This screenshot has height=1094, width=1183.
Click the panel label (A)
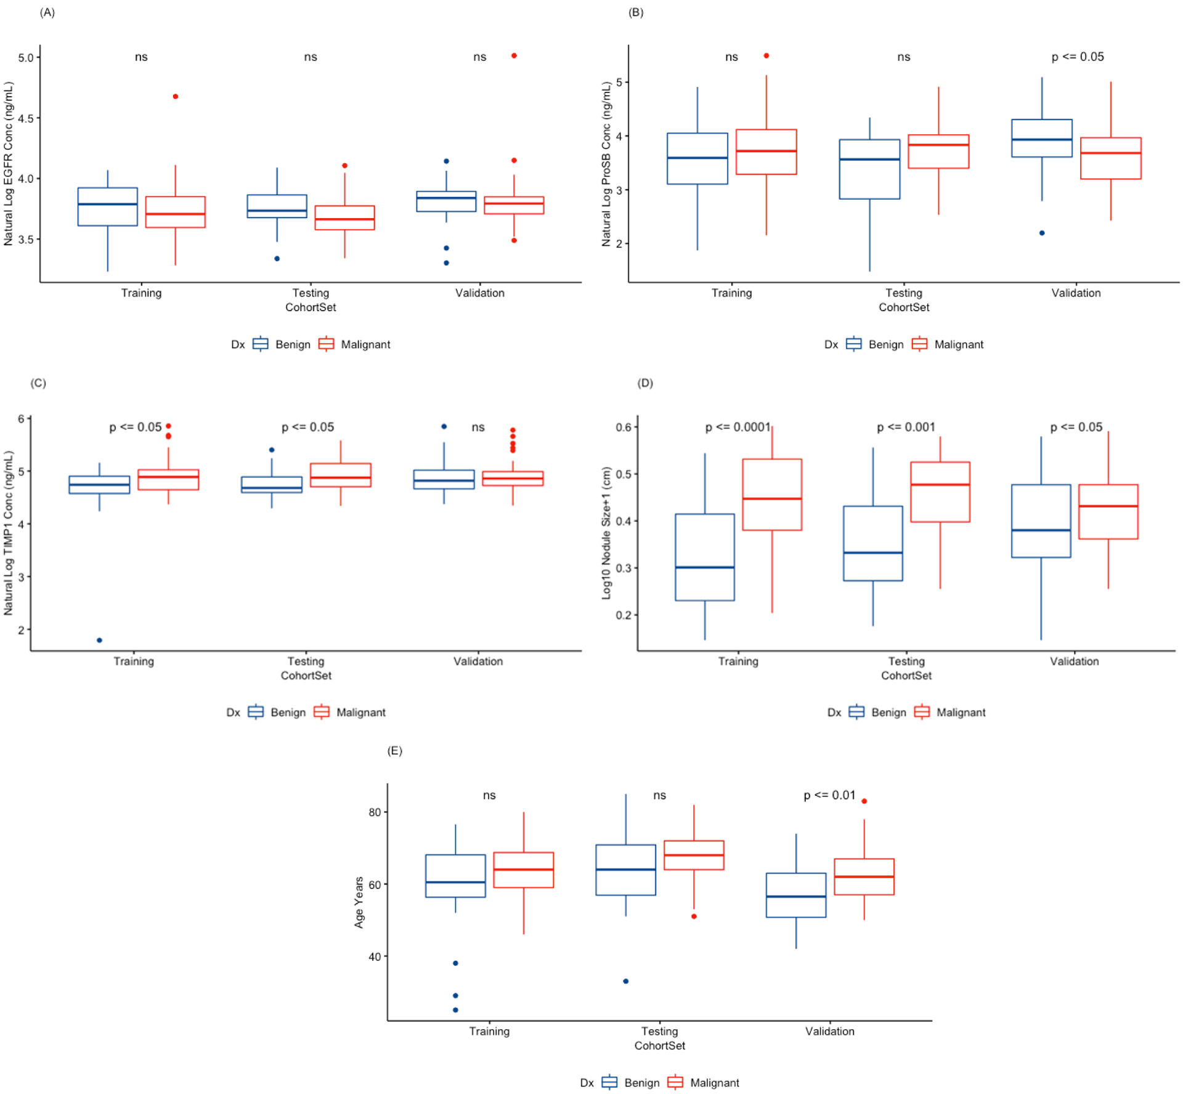click(47, 12)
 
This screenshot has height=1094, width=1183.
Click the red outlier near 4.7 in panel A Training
click(176, 97)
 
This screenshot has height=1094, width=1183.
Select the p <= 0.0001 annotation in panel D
click(738, 427)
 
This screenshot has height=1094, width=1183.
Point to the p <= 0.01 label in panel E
click(829, 795)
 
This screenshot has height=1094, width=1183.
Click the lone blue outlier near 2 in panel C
click(99, 640)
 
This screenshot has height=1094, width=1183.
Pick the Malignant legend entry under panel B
click(958, 344)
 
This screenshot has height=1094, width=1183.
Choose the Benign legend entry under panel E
click(641, 1083)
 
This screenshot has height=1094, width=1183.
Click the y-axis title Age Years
click(359, 902)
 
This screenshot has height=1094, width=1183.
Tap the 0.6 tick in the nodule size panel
click(624, 427)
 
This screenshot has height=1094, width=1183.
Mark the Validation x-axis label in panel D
click(1074, 661)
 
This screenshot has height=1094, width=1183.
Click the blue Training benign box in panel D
click(705, 557)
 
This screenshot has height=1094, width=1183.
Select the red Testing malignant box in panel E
click(694, 855)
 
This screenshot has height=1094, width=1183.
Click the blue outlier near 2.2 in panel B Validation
click(1042, 233)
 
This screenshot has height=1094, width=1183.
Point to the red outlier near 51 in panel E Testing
click(694, 917)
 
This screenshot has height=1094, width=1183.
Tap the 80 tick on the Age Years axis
click(375, 812)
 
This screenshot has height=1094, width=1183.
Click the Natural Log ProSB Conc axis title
click(606, 164)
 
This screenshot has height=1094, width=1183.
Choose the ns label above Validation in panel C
click(478, 427)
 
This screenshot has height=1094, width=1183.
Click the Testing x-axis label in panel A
click(311, 293)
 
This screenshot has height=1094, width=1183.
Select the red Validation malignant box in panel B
click(1110, 158)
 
